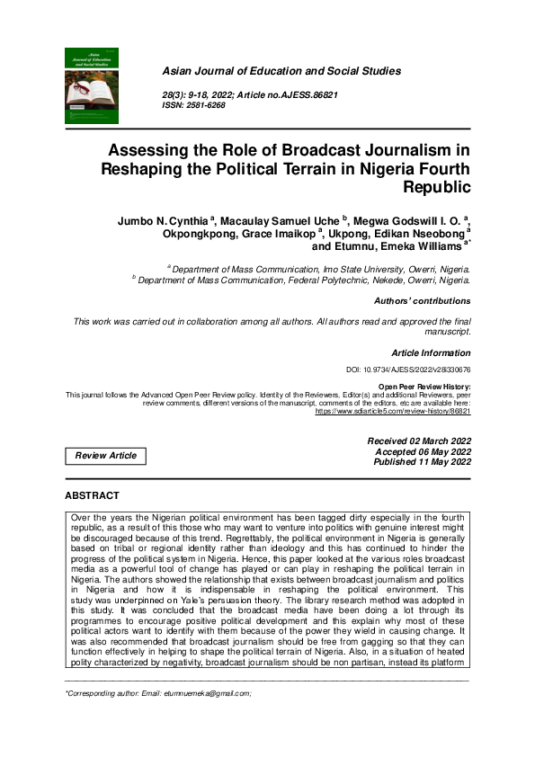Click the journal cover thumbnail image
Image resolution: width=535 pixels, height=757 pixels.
(92, 86)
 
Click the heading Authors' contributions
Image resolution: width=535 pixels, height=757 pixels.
(421, 301)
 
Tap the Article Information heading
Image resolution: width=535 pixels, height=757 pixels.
(431, 353)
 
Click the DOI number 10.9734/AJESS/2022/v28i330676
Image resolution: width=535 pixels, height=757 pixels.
(408, 370)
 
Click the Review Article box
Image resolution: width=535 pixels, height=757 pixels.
(106, 456)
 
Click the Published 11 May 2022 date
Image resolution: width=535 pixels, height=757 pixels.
(420, 462)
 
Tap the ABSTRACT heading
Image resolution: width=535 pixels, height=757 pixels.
(92, 495)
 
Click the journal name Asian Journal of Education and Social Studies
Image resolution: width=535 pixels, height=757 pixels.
(281, 71)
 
